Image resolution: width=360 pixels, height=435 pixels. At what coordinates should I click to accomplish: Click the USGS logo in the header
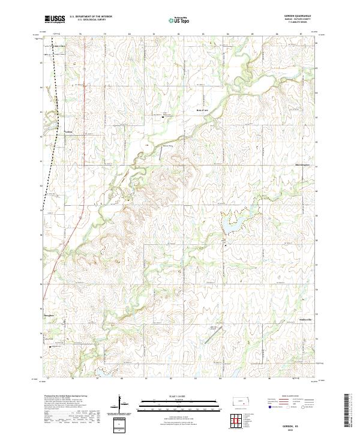click(55, 19)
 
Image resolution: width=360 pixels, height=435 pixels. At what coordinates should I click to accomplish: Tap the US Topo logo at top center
click(180, 19)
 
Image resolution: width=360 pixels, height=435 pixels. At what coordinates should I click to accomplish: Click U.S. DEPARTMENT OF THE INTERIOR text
click(91, 16)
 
